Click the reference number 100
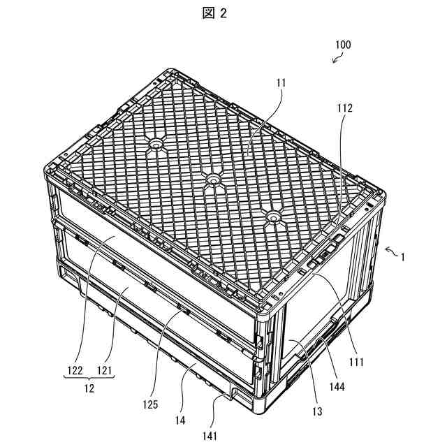(x=343, y=45)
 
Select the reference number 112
(x=344, y=108)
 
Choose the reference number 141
(x=210, y=436)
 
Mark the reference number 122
(x=75, y=370)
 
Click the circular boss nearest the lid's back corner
(x=155, y=145)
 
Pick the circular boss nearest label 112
(x=272, y=218)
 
